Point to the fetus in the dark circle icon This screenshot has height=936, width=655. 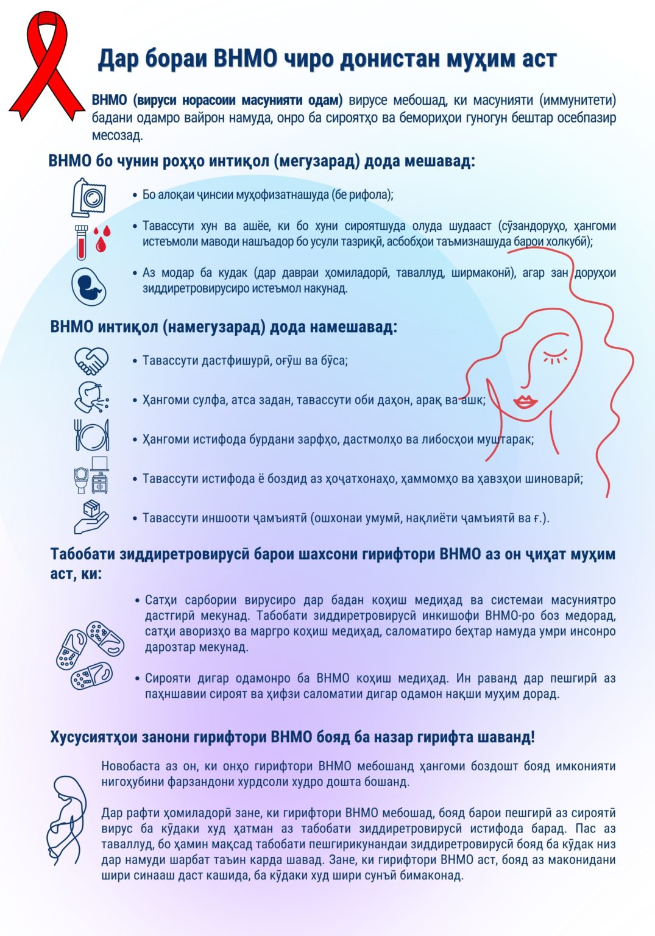coord(90,286)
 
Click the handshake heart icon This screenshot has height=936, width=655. coord(91,361)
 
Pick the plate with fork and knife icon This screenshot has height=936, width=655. coord(91,436)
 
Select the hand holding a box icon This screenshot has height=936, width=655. coord(91,517)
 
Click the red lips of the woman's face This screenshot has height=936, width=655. coord(525,402)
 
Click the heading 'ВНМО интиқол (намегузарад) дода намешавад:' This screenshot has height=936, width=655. coord(224,327)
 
